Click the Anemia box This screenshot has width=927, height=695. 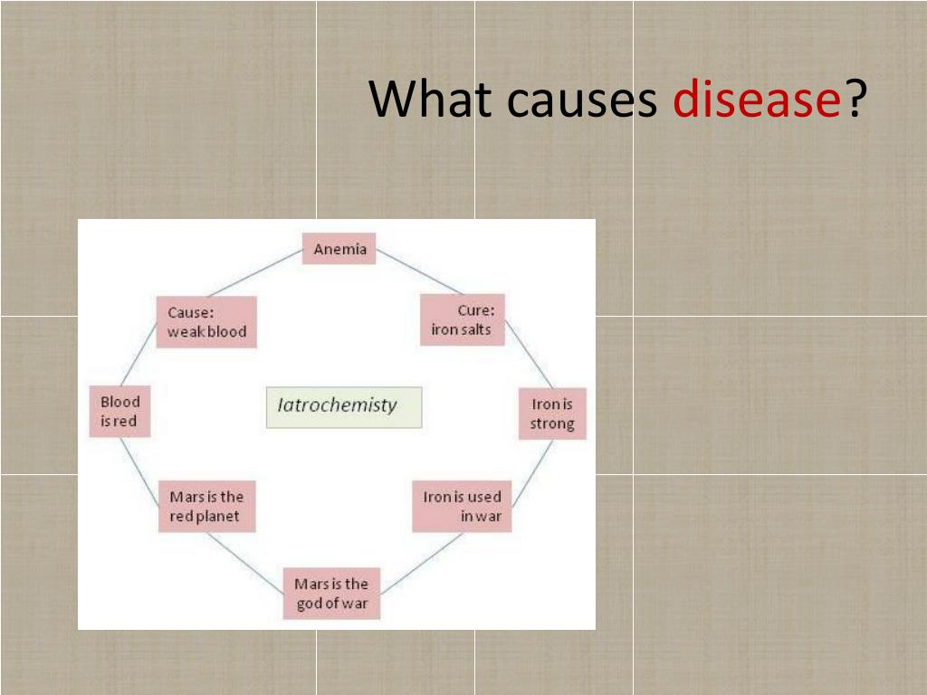[339, 250]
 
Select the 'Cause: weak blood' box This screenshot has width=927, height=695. [206, 322]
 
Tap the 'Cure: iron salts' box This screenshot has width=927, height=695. [462, 320]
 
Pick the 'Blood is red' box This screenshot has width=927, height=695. [119, 412]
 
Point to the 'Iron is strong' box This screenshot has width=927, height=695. [552, 414]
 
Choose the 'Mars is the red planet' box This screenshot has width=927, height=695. [206, 507]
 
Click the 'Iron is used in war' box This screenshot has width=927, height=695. [462, 507]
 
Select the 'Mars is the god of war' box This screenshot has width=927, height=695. [331, 594]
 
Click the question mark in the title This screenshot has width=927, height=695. [855, 100]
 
